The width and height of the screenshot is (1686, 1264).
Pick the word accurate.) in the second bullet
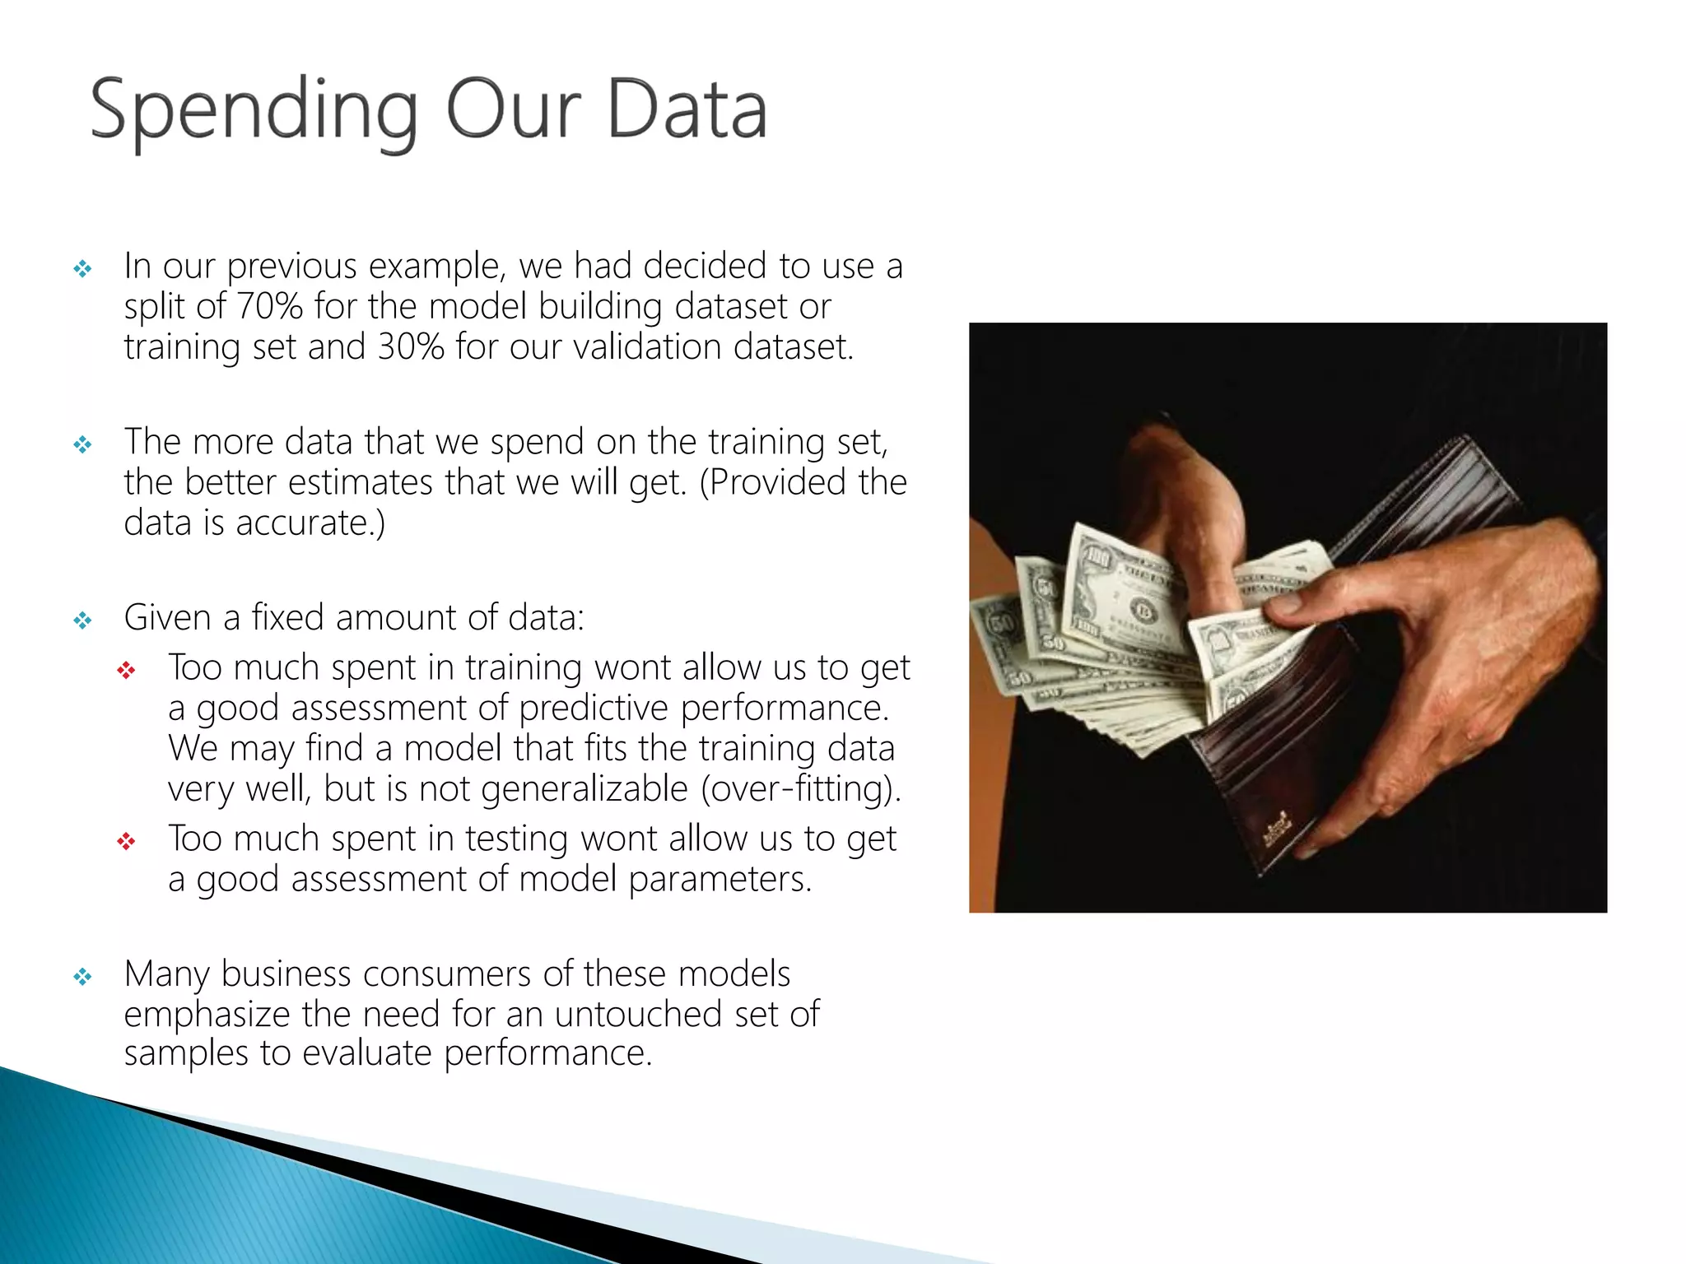pyautogui.click(x=310, y=523)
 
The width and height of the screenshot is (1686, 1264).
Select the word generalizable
pyautogui.click(x=584, y=788)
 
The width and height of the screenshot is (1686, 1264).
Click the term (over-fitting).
pyautogui.click(x=801, y=788)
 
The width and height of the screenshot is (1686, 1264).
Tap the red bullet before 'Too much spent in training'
pyautogui.click(x=126, y=671)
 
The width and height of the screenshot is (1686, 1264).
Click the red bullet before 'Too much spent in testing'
pyautogui.click(x=126, y=841)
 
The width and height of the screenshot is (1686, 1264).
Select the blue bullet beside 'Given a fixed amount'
pyautogui.click(x=82, y=620)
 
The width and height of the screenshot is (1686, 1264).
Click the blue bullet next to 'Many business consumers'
pyautogui.click(x=82, y=977)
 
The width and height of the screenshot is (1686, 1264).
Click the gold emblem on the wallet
pyautogui.click(x=1277, y=826)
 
